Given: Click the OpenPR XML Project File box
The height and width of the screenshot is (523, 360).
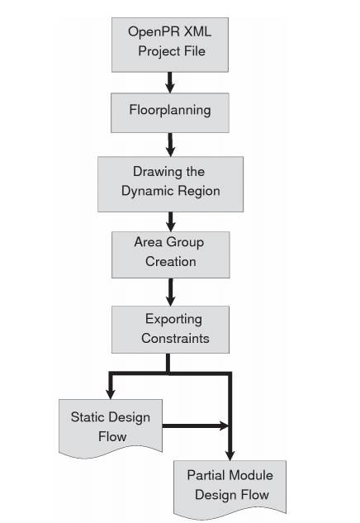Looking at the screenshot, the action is tap(170, 45).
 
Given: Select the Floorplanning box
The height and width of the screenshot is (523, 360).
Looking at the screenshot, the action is tap(170, 112).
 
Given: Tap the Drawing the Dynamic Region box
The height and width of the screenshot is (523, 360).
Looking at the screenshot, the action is tap(170, 184).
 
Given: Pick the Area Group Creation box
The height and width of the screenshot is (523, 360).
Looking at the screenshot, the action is tap(171, 254).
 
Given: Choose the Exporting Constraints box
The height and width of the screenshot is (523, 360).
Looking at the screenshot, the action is tap(170, 330).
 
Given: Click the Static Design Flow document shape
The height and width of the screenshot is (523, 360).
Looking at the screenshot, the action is tap(111, 428).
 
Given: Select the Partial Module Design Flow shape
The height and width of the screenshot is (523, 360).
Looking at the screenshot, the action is tap(230, 487).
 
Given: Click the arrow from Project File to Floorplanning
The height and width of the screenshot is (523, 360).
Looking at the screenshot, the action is tap(170, 83).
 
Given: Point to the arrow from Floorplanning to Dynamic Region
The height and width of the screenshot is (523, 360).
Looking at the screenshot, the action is tap(170, 145).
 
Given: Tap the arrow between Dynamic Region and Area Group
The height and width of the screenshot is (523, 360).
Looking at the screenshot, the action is tap(171, 221).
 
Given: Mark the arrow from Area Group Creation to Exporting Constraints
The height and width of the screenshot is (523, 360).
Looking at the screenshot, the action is tap(171, 292).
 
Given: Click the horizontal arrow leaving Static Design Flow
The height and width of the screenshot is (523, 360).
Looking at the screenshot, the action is tap(196, 426).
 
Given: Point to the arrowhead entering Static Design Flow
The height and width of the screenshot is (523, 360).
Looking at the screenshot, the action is tap(111, 393).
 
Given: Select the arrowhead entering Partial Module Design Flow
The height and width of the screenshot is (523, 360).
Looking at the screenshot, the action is tap(230, 455).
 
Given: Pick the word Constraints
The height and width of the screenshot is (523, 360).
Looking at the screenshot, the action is tap(175, 338).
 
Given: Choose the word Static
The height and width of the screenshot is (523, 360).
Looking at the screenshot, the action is tap(88, 417).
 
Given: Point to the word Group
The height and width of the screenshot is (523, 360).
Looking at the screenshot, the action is tap(185, 242).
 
